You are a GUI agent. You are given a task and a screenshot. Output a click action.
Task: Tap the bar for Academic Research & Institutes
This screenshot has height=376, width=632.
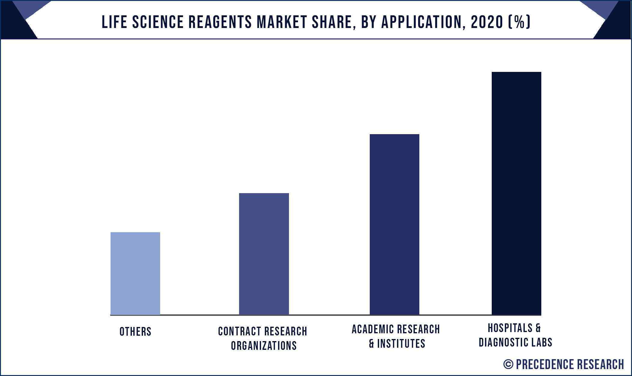coord(394,224)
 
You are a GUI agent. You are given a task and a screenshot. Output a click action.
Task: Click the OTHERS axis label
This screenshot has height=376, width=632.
coord(135,332)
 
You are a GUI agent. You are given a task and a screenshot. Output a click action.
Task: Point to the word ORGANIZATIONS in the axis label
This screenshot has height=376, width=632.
coord(264,346)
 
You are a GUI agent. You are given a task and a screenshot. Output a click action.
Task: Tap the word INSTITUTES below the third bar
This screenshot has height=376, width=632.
coord(401,344)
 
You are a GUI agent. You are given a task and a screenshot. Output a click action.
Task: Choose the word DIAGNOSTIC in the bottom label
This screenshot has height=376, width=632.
coord(500,342)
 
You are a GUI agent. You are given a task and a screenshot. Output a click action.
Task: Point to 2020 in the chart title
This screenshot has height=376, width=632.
coord(487,22)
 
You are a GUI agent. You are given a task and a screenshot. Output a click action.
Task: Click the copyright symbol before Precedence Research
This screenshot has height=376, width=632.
coord(508,364)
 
